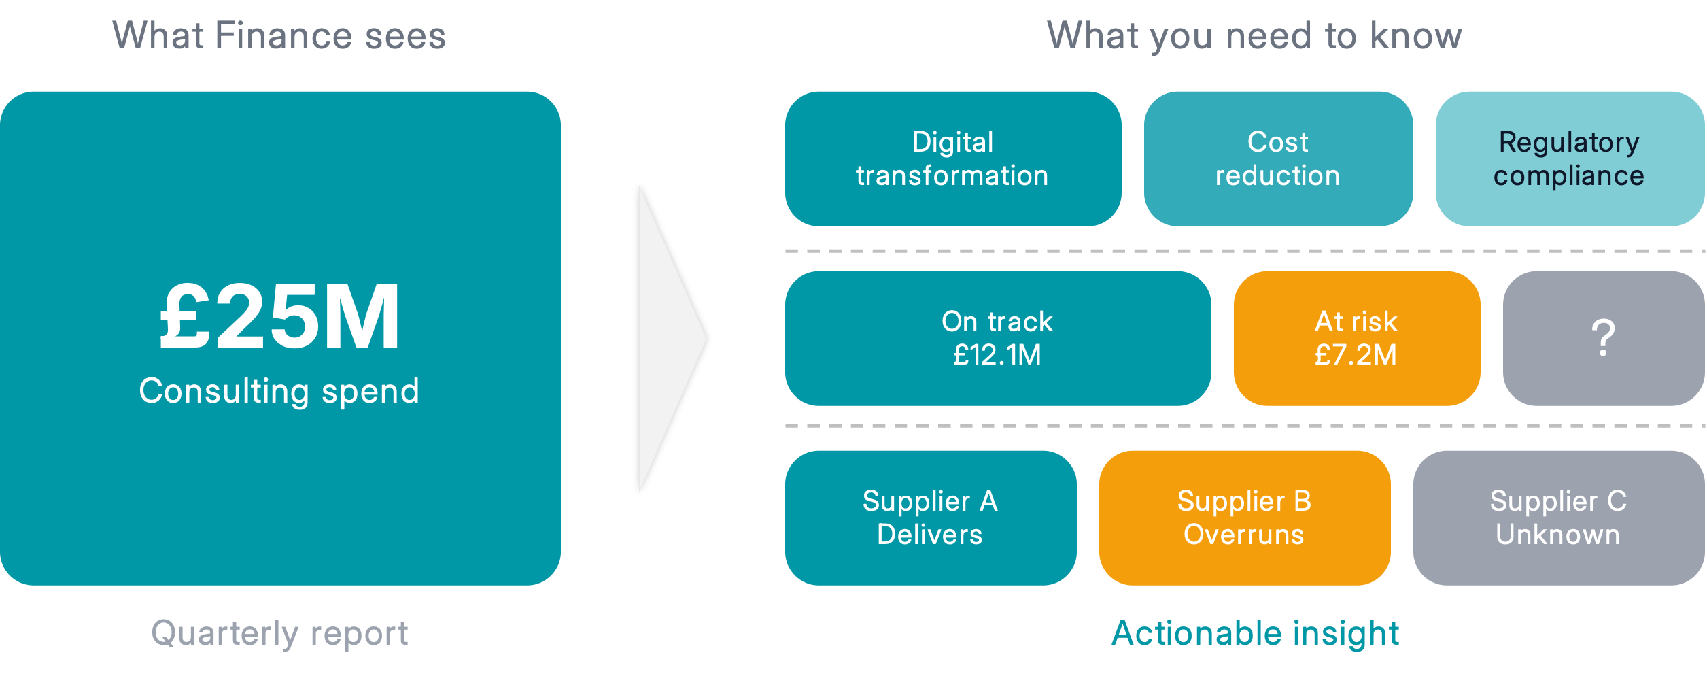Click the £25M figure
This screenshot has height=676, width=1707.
279,317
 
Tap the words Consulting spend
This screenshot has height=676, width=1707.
279,392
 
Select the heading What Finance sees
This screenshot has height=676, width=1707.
279,35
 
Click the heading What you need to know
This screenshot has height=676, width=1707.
1254,35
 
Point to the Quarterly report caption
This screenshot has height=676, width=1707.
279,634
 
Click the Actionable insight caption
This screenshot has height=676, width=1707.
1255,634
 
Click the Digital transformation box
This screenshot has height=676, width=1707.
952,158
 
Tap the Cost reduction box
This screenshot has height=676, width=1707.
1277,158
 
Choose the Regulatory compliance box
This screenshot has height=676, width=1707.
1569,158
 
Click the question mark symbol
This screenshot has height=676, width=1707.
1603,338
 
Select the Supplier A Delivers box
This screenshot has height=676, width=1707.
930,518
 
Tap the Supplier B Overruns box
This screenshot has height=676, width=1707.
1244,518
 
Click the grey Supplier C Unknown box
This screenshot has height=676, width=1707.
1558,518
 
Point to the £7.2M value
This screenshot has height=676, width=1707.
1356,355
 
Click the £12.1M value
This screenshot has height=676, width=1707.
997,355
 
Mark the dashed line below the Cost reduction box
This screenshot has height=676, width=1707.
1278,251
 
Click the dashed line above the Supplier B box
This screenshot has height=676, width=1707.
1244,426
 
